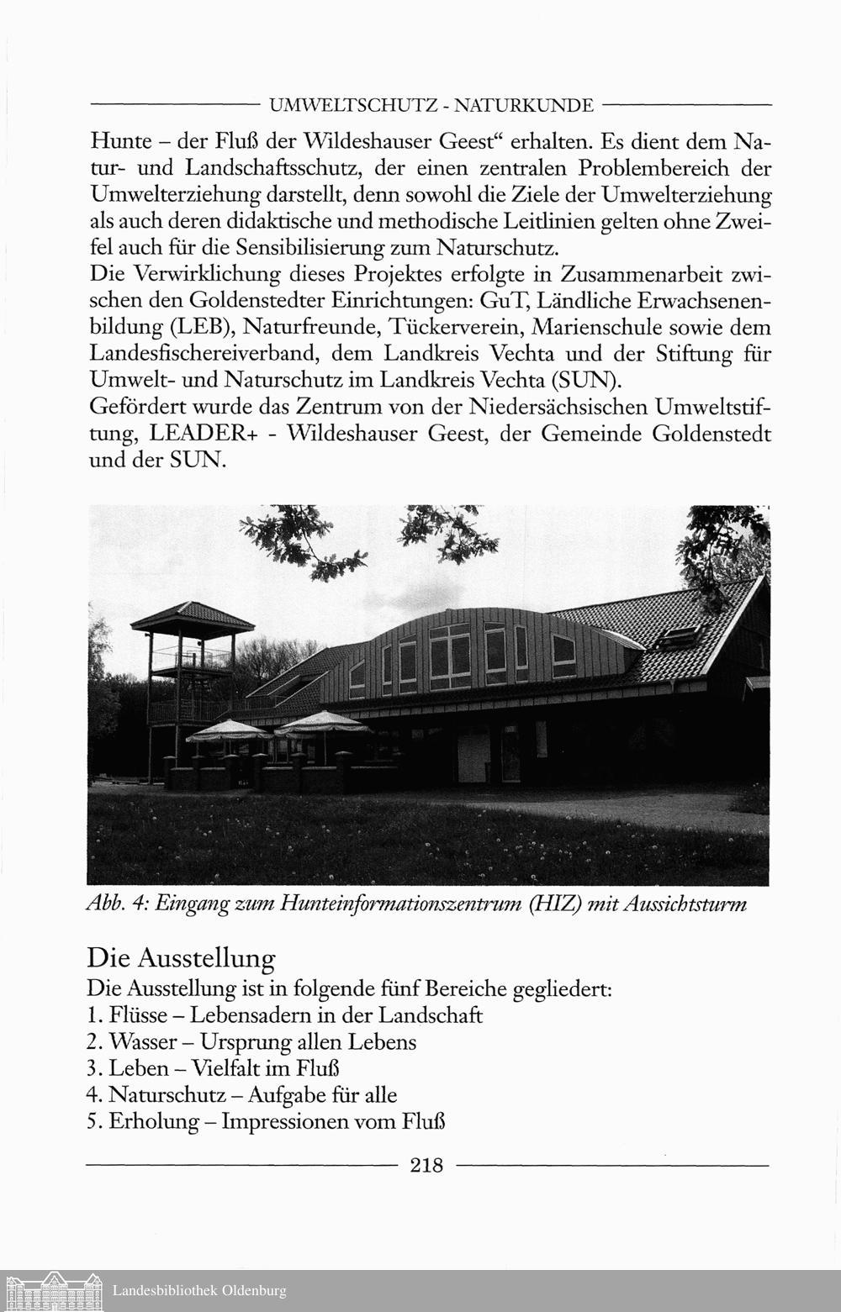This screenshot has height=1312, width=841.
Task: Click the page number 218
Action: (426, 1165)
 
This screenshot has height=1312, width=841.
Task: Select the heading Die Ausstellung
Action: (181, 958)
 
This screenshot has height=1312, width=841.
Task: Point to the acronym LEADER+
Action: (203, 435)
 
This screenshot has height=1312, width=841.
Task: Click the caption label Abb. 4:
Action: (117, 904)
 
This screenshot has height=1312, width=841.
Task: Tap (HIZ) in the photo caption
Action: (550, 904)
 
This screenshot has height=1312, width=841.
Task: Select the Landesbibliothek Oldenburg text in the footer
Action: (199, 1290)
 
